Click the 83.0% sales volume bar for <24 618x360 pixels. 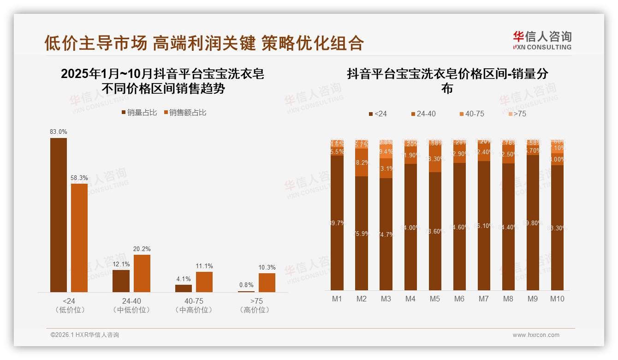[59, 215]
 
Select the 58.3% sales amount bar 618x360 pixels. [79, 238]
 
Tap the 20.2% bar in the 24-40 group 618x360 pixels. [142, 273]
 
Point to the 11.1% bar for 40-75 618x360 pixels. [204, 282]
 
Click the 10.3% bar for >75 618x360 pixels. [267, 282]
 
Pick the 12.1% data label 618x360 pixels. [121, 264]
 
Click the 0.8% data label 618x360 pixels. [246, 285]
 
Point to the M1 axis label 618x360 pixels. [337, 299]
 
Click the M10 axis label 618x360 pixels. [557, 299]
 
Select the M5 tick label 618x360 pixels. [435, 299]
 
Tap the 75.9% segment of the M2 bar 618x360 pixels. [362, 233]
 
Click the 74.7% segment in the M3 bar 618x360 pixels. [386, 234]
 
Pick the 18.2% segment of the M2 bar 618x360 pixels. [362, 162]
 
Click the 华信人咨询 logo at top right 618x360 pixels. [542, 41]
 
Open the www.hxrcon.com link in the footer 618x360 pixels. [536, 335]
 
